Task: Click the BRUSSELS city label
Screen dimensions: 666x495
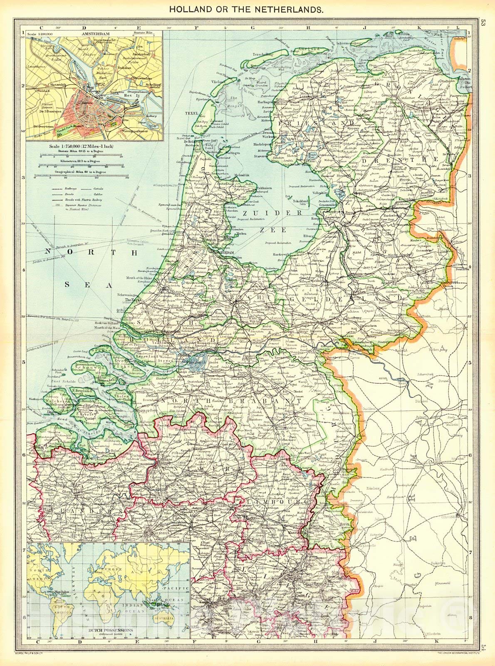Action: point(156,532)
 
